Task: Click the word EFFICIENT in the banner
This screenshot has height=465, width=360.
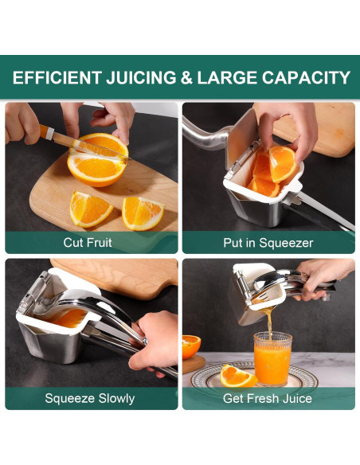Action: [x=57, y=78]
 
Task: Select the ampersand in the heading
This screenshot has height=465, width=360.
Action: [x=185, y=78]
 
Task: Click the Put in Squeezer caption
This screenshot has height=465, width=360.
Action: [x=268, y=242]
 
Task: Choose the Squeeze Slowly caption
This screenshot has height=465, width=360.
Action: [x=90, y=398]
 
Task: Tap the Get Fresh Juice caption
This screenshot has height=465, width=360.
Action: [x=268, y=398]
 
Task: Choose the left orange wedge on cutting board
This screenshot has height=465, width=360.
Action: [x=90, y=209]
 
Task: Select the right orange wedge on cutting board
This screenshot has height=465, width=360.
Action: [x=143, y=212]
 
